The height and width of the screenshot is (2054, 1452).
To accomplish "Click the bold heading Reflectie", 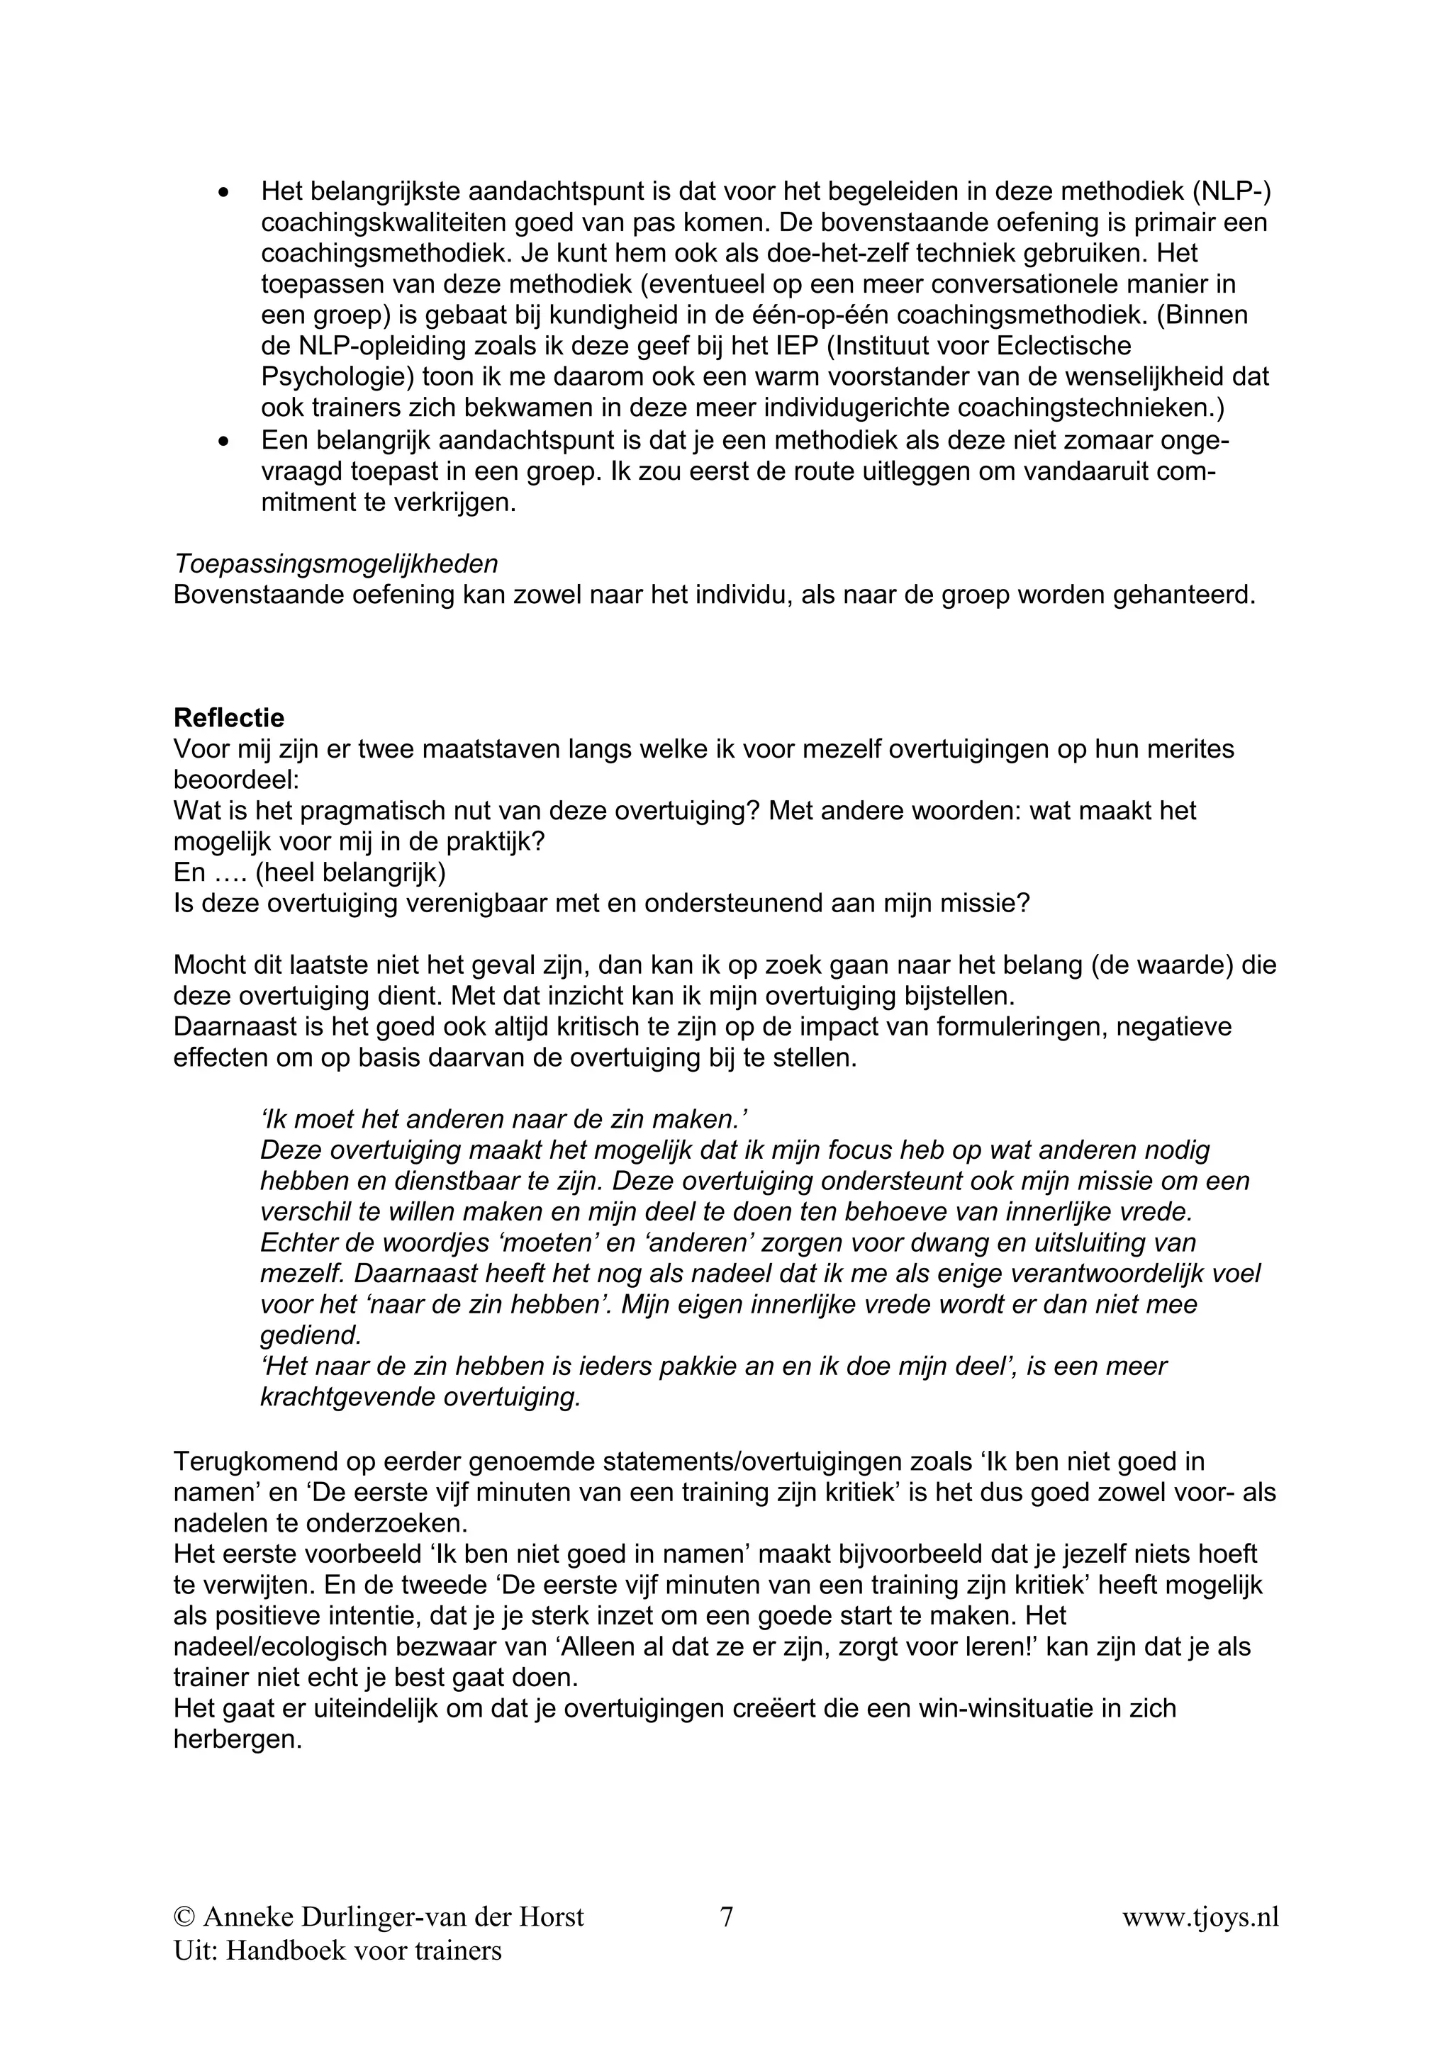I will (229, 717).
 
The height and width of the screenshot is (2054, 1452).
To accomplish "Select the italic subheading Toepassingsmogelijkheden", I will (335, 563).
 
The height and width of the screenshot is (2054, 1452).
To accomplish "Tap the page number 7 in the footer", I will (727, 1917).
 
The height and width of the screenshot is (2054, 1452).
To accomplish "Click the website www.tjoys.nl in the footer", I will (1200, 1917).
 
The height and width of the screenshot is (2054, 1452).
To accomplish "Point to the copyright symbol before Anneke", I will (184, 1917).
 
